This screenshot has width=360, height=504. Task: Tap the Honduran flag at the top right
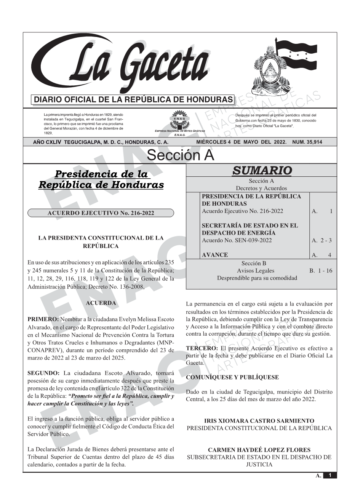(295, 56)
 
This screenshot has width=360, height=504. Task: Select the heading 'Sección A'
(180, 155)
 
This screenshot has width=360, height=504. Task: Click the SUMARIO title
(262, 170)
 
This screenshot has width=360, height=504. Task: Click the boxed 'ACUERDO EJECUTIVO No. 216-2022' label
(101, 213)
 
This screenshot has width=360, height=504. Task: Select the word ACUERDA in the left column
(101, 303)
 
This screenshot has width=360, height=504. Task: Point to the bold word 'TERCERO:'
(202, 348)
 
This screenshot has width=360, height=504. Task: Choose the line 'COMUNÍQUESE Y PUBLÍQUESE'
(232, 378)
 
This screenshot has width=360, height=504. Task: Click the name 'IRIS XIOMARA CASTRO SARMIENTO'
(259, 421)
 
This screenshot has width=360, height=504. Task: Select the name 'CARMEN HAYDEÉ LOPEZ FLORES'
(259, 450)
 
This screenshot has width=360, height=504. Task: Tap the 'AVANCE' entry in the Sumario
(215, 255)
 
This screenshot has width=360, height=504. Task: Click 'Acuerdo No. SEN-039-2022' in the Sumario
(237, 240)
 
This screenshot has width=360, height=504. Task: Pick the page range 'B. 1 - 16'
(321, 271)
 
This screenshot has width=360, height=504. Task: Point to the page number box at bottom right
(330, 475)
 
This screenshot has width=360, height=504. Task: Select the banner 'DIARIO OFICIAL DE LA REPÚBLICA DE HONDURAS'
(133, 100)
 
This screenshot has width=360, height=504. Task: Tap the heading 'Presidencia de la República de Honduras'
(101, 179)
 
